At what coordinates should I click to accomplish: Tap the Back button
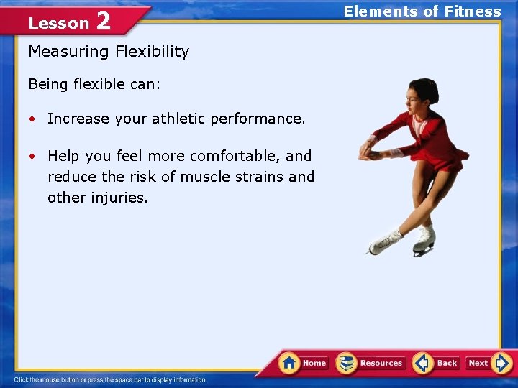click(x=437, y=363)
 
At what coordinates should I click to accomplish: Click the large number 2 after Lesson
click(x=103, y=22)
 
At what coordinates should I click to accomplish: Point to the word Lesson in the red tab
click(x=58, y=24)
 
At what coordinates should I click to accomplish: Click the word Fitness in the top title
click(x=472, y=11)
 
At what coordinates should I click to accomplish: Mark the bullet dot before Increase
click(x=33, y=119)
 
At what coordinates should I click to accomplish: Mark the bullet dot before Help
click(x=33, y=157)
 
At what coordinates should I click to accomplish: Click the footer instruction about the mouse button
click(x=110, y=379)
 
